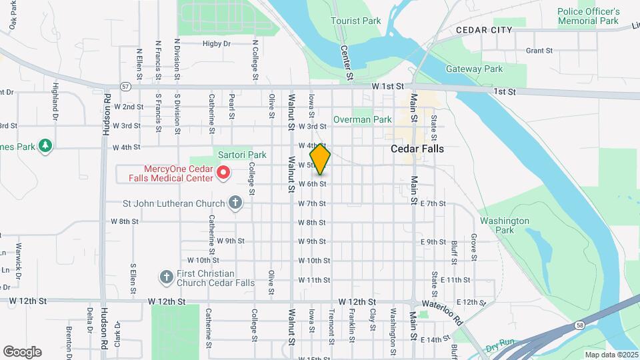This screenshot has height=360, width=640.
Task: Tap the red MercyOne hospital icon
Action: tap(223, 173)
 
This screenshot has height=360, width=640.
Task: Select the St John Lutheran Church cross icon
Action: tap(235, 203)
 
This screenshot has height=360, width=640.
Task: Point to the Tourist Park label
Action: tap(356, 21)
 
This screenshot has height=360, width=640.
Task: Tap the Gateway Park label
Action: tap(474, 69)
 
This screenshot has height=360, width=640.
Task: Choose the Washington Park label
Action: tap(503, 225)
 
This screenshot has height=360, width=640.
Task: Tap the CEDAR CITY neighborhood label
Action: tap(484, 30)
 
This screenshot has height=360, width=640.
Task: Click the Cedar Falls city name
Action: tap(417, 149)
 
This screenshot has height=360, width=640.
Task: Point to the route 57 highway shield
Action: tap(125, 86)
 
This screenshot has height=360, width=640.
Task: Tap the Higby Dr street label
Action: tap(217, 43)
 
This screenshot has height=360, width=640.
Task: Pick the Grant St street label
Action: tap(539, 50)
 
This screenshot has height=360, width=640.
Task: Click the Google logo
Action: tap(22, 351)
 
